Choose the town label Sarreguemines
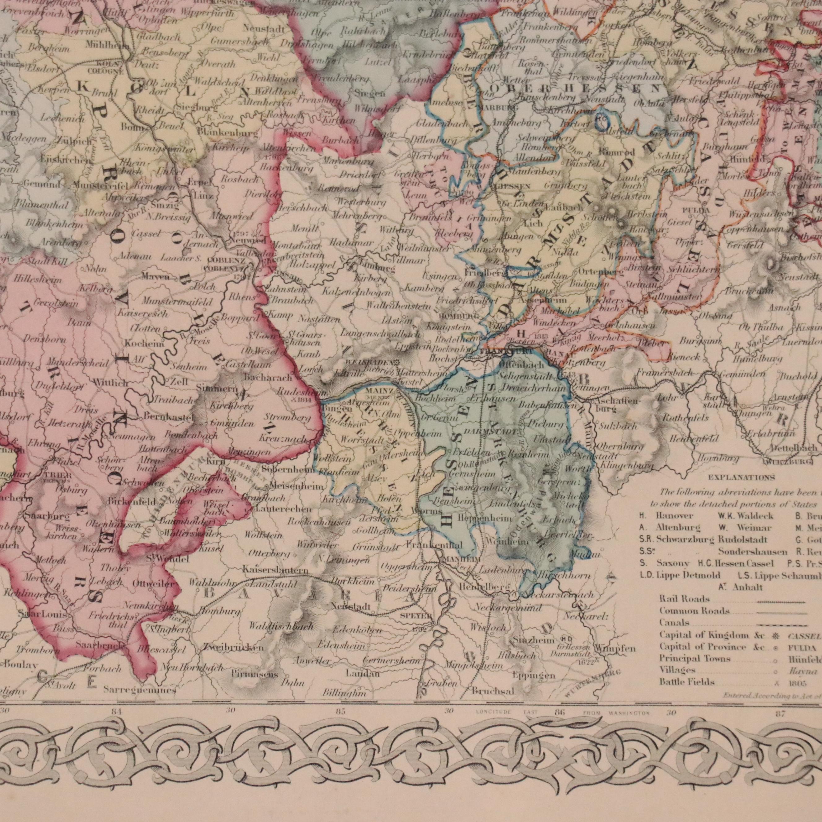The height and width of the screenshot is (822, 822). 139,690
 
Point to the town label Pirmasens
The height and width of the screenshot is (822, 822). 255,675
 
